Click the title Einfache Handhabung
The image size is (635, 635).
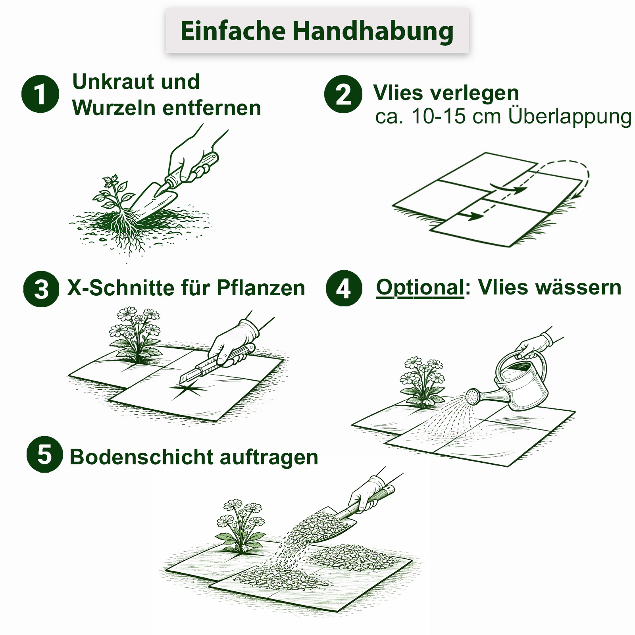317,31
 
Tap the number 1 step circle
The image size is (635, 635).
40,94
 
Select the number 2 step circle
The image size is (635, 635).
343,94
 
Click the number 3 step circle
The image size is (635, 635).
41,289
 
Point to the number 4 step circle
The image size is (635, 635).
344,289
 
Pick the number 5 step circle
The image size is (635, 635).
44,454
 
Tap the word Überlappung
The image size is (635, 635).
570,117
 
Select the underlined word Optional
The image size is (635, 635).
420,287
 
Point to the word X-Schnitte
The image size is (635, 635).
121,288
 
